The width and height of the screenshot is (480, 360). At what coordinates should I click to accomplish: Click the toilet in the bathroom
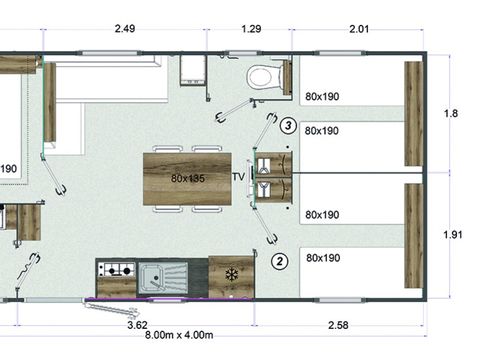tap(266, 77)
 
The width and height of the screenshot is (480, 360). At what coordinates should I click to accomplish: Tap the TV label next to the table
tap(238, 177)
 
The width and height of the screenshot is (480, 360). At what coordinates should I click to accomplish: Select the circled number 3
tap(288, 126)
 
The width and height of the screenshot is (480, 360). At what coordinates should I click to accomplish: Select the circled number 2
tap(280, 261)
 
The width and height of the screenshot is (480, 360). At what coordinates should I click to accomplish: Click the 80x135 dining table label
tap(188, 178)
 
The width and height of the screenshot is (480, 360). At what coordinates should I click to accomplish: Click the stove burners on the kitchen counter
tap(115, 270)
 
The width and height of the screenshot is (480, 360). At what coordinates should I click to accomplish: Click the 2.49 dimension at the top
tap(126, 29)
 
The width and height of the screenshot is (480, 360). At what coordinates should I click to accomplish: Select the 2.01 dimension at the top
tap(358, 29)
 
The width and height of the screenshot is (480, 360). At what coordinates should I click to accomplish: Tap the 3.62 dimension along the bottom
tap(138, 324)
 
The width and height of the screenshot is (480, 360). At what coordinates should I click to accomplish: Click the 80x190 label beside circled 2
tap(322, 258)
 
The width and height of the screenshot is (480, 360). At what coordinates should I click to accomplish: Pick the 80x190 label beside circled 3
tap(322, 130)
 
